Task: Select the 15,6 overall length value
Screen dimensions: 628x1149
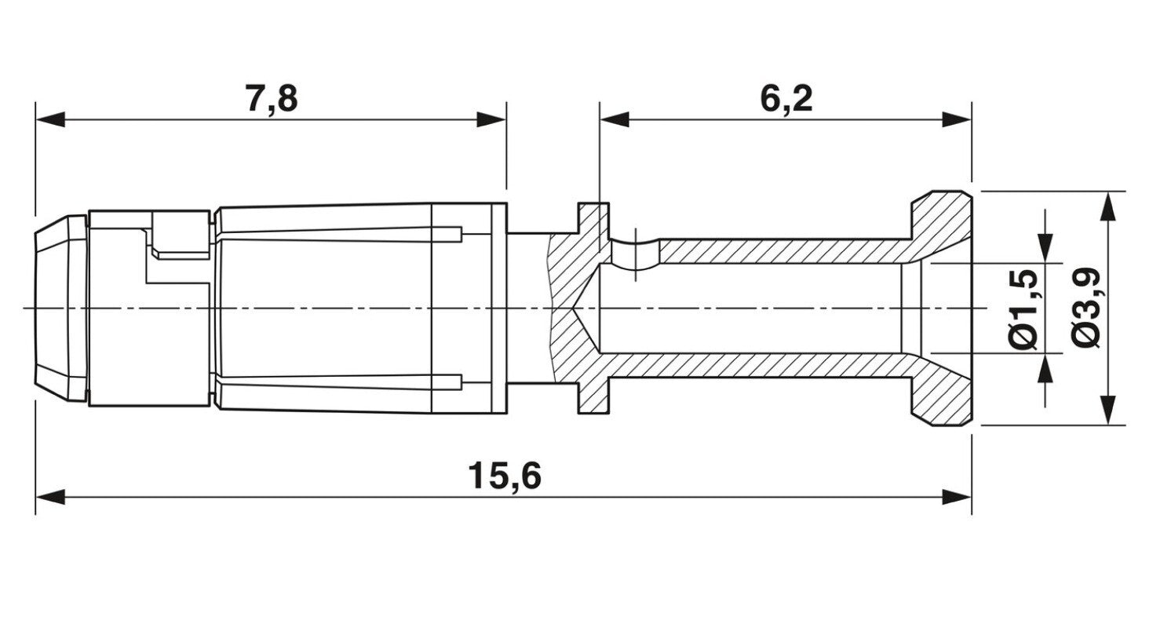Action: [x=505, y=476]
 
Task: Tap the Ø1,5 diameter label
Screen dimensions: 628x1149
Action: [x=1024, y=308]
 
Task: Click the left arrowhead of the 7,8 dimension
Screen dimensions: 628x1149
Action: [x=49, y=120]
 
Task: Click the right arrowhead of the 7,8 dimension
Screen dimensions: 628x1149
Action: [x=492, y=120]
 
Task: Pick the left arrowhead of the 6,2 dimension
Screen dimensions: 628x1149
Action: [x=615, y=120]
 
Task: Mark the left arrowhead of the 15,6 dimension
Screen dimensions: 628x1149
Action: [x=49, y=496]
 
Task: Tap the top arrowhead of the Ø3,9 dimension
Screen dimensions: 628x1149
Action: [x=1107, y=206]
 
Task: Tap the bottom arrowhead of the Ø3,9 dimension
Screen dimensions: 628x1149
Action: [x=1107, y=411]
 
